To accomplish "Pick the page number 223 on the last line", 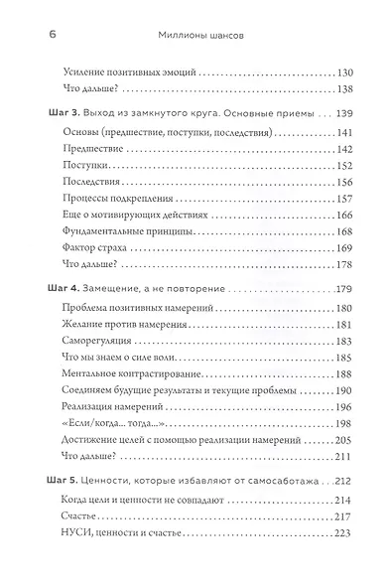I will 346,537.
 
